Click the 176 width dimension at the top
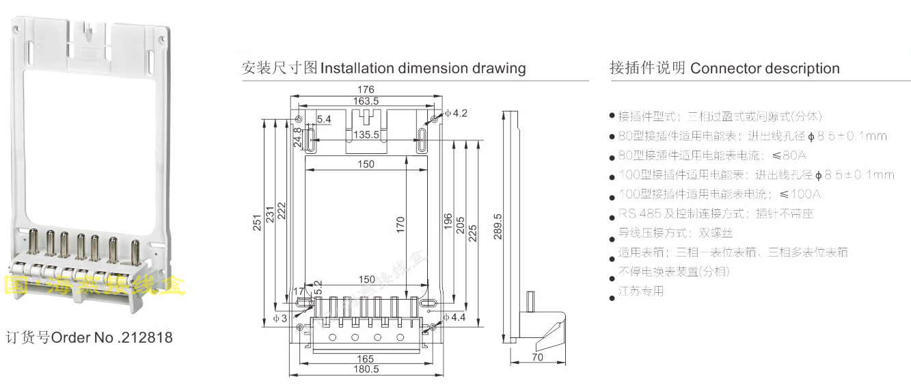pos(366,90)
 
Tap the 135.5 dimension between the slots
pos(366,135)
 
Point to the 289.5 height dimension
pos(497,224)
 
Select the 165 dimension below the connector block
pos(366,358)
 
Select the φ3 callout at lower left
pos(280,317)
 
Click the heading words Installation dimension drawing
pos(423,68)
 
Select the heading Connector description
pos(765,68)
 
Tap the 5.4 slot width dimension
pos(324,120)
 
